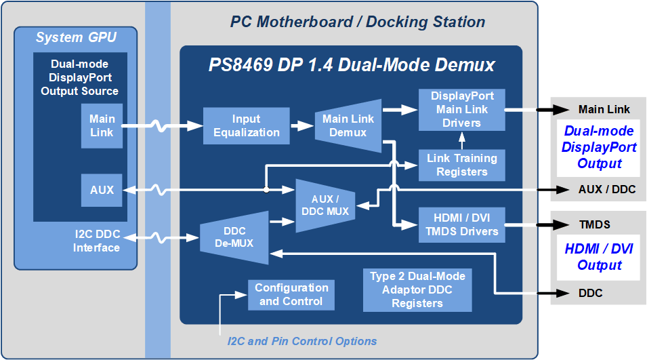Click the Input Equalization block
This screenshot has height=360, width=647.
pyautogui.click(x=247, y=126)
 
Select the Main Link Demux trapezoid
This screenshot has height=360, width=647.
pyautogui.click(x=348, y=125)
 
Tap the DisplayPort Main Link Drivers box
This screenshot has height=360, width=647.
pyautogui.click(x=462, y=109)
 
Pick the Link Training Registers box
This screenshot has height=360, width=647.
pyautogui.click(x=462, y=165)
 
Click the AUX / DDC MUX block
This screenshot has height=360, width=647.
pyautogui.click(x=325, y=205)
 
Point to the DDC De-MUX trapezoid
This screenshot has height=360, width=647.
pyautogui.click(x=234, y=237)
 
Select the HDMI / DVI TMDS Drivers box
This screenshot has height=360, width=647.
pyautogui.click(x=462, y=224)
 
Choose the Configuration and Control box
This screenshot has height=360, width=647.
pyautogui.click(x=291, y=295)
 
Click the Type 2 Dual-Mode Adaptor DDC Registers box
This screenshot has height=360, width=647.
pyautogui.click(x=417, y=289)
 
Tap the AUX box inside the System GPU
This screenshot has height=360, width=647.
pyautogui.click(x=102, y=191)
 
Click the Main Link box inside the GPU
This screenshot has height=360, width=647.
pyautogui.click(x=102, y=126)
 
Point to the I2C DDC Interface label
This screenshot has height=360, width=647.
pyautogui.click(x=97, y=241)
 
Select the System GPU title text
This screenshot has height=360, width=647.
pyautogui.click(x=76, y=37)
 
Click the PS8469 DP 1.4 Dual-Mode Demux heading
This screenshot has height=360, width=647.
pyautogui.click(x=352, y=65)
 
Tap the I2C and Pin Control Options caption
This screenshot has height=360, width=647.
pyautogui.click(x=302, y=341)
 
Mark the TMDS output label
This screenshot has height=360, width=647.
pyautogui.click(x=594, y=224)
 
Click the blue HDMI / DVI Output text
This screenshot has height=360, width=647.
pyautogui.click(x=599, y=257)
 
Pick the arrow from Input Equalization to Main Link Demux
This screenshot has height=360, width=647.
pyautogui.click(x=302, y=125)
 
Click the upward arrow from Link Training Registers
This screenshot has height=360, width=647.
pyautogui.click(x=462, y=140)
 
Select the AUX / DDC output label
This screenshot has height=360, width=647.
pyautogui.click(x=607, y=190)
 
